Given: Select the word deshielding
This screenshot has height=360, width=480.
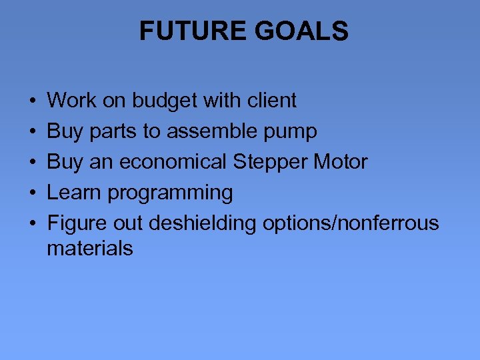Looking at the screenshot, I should (202, 223).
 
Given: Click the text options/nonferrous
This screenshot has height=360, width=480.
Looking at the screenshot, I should (351, 223).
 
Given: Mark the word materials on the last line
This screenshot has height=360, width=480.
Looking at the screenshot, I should (90, 249).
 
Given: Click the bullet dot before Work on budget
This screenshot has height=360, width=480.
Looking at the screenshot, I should (33, 101).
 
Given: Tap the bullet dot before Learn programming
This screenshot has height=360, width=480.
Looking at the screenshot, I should (33, 193).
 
